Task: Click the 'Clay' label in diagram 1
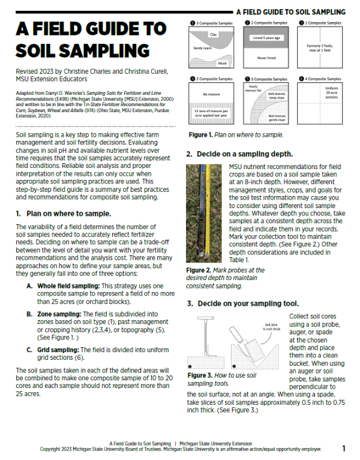click(213, 35)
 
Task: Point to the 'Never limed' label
click(265, 58)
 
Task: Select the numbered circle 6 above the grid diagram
click(302, 79)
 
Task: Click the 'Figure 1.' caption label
click(202, 136)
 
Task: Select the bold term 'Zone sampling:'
click(59, 314)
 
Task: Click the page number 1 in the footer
click(344, 448)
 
